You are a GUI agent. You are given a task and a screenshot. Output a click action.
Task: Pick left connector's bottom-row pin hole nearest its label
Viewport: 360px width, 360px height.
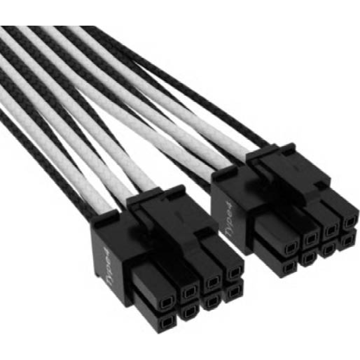pyautogui.click(x=167, y=320)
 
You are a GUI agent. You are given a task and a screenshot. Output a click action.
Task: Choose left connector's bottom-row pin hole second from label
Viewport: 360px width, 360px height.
pyautogui.click(x=189, y=310)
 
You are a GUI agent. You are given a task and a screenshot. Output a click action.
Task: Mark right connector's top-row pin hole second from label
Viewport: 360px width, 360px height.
pyautogui.click(x=311, y=239)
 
